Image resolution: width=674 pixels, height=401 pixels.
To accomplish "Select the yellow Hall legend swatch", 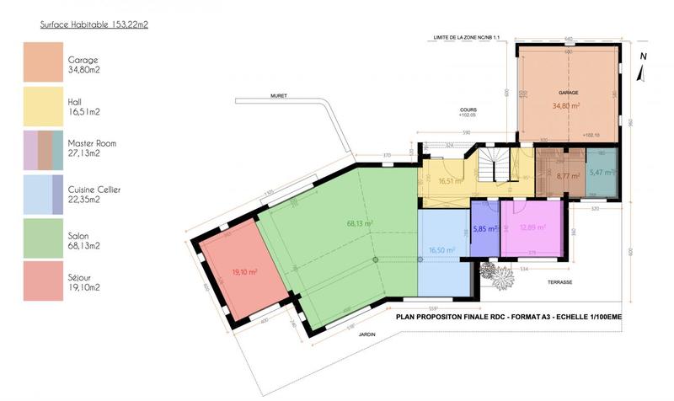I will click(x=40, y=104).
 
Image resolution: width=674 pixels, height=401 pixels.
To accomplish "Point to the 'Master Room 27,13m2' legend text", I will click(x=92, y=148).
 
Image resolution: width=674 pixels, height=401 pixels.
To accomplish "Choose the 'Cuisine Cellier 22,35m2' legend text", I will click(x=94, y=195).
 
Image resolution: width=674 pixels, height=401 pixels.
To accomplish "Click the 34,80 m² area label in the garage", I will click(x=565, y=106).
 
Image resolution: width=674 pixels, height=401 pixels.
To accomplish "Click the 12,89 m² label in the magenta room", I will click(x=532, y=227).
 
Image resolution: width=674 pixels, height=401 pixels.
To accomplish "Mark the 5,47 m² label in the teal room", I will click(x=602, y=172).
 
